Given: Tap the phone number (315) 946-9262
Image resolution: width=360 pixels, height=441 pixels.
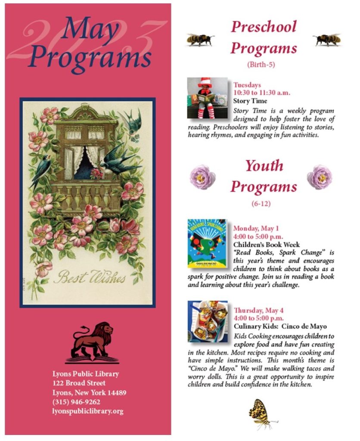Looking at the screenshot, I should (76, 402).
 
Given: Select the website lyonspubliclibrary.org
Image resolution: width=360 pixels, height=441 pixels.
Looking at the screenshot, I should (87, 411).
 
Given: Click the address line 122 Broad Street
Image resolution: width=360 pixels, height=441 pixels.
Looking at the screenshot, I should (79, 383).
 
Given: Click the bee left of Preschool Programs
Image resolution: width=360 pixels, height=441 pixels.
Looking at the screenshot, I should (201, 40).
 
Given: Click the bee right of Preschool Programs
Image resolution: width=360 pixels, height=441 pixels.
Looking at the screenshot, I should (327, 40).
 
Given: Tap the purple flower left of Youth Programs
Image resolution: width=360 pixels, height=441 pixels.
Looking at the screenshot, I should (202, 177).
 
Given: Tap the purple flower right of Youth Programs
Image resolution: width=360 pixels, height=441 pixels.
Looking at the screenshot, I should (320, 177).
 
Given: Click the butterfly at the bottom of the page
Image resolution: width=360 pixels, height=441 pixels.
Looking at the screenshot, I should (261, 414).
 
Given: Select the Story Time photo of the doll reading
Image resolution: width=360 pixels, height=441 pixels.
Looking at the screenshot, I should (208, 98).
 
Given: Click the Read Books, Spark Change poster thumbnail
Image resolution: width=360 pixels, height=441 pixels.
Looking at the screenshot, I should (208, 244).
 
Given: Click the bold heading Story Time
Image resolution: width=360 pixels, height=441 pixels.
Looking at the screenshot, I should (250, 101).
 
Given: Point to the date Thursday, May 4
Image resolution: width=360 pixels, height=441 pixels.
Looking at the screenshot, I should (258, 310).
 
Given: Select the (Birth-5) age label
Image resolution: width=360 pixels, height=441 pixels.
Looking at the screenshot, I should (261, 65).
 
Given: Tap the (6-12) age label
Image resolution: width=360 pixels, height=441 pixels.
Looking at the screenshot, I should (263, 203).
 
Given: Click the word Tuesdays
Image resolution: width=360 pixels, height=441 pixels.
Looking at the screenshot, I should (247, 85).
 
